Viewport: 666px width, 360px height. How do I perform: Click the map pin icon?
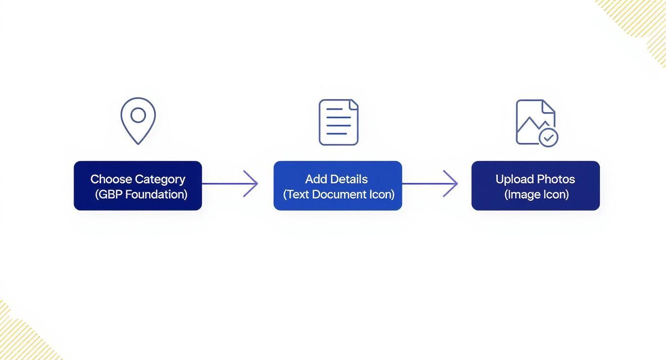point(138,121)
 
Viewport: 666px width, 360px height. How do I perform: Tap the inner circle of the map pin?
point(138,115)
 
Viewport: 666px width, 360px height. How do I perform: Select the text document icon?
point(338,122)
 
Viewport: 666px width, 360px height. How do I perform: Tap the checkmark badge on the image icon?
point(548,137)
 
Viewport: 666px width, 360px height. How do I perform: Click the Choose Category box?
point(138,186)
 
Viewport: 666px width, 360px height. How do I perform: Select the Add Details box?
point(338,186)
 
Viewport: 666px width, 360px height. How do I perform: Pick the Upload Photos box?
point(535,186)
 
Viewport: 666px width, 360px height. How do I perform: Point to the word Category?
point(160,179)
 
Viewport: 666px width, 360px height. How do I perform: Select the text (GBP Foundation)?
point(141,194)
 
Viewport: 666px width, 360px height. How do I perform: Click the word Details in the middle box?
point(350,179)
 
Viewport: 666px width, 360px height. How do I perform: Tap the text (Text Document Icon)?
point(338,194)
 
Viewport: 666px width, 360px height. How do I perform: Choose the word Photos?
point(555,179)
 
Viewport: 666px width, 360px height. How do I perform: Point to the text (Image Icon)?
point(536,194)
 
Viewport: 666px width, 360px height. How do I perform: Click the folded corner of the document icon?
point(354,104)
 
